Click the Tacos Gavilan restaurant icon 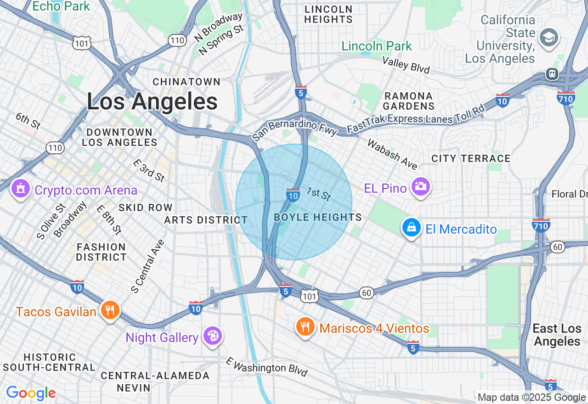point(110,311)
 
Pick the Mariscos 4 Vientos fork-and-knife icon point(305,327)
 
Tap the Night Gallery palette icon point(213,336)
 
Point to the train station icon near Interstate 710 point(552,73)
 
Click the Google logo point(31,393)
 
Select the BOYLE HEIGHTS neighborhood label point(318,218)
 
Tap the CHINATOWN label point(187,82)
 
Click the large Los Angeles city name point(152,102)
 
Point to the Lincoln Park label point(377,46)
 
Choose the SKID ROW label point(145,208)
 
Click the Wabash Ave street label point(392,154)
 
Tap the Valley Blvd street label point(406,66)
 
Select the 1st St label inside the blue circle point(318,194)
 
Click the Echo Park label point(62,6)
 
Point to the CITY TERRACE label point(471,158)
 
